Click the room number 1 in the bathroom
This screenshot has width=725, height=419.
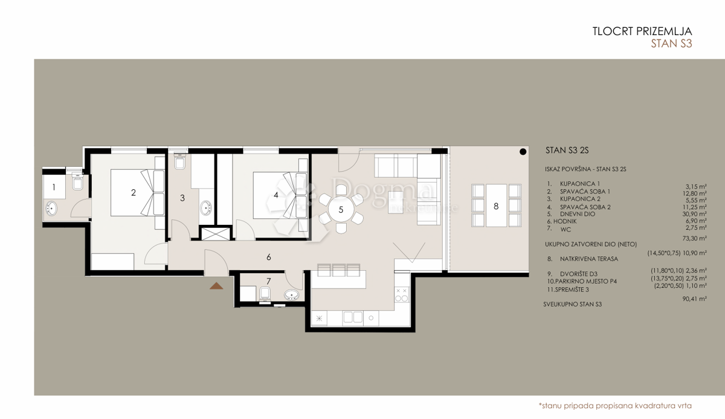click(54, 187)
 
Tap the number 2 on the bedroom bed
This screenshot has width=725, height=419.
click(133, 193)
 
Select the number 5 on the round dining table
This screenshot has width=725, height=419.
click(341, 210)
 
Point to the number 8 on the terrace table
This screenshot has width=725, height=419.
click(496, 206)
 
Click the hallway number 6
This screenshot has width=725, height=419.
click(268, 257)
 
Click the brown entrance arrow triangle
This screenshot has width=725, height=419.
click(216, 285)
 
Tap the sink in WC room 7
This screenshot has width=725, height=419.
click(291, 296)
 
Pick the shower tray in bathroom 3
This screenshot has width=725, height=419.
click(215, 234)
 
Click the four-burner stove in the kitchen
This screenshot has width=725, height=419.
click(401, 294)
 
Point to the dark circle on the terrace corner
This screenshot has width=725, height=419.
click(521, 152)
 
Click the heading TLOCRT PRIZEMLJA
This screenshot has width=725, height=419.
click(642, 31)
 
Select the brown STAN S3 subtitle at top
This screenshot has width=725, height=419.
click(671, 44)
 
